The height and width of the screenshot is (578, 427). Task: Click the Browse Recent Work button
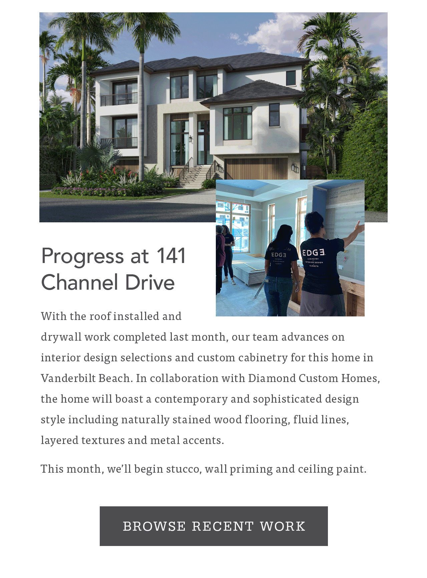click(x=213, y=526)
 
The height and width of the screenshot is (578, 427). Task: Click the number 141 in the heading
click(x=171, y=256)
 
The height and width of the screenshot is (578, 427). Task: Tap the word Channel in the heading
click(x=80, y=282)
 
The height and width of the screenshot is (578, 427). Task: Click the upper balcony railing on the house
click(x=119, y=99)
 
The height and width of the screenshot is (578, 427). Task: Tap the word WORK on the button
click(x=283, y=526)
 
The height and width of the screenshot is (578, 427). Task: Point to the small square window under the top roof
click(x=291, y=78)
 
